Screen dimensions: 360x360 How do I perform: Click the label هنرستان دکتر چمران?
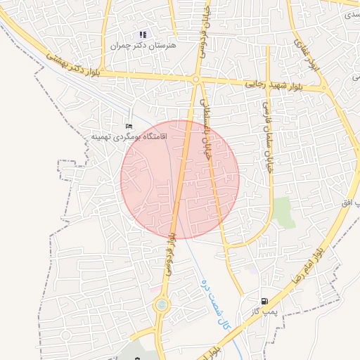click(x=143, y=45)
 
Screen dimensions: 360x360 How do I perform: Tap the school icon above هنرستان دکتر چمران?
click(x=143, y=34)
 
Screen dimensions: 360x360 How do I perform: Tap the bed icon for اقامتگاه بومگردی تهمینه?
click(x=128, y=126)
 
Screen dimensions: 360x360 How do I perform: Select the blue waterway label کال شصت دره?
click(x=214, y=304)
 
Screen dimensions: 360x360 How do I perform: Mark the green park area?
click(x=284, y=212)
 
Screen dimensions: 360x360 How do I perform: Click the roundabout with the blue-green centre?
click(x=162, y=304)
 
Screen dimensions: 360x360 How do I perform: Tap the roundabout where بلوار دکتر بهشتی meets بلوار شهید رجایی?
click(x=196, y=80)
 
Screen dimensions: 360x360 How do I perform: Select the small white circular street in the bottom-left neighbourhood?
click(x=66, y=335)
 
